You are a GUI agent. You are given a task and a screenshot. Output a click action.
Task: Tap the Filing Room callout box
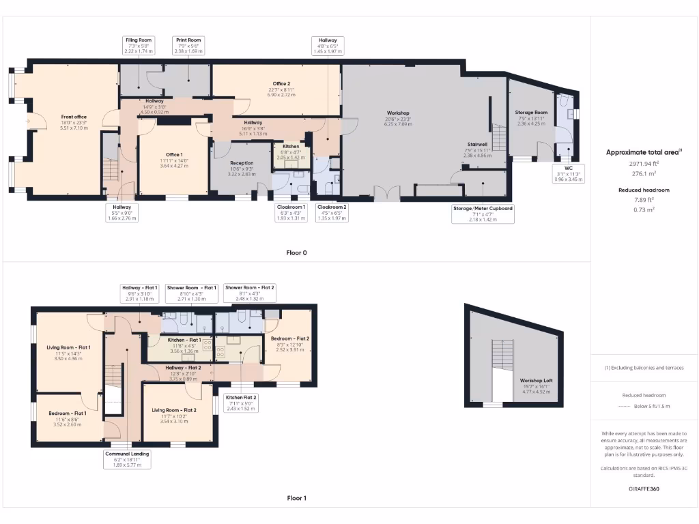139,46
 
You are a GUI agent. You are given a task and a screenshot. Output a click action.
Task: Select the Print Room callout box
188,46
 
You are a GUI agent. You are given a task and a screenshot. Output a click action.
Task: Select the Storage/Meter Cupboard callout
483,213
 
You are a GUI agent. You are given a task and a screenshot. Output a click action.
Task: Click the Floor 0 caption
296,252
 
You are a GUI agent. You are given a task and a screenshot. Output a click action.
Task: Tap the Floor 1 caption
296,498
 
